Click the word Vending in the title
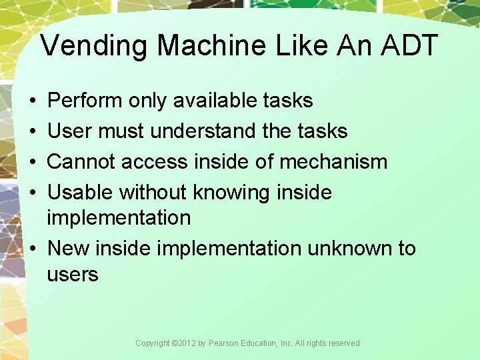pyautogui.click(x=96, y=46)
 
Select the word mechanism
pyautogui.click(x=334, y=161)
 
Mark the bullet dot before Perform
pyautogui.click(x=33, y=101)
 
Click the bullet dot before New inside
pyautogui.click(x=33, y=249)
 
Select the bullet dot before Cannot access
pyautogui.click(x=33, y=162)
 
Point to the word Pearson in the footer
pyautogui.click(x=224, y=343)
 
